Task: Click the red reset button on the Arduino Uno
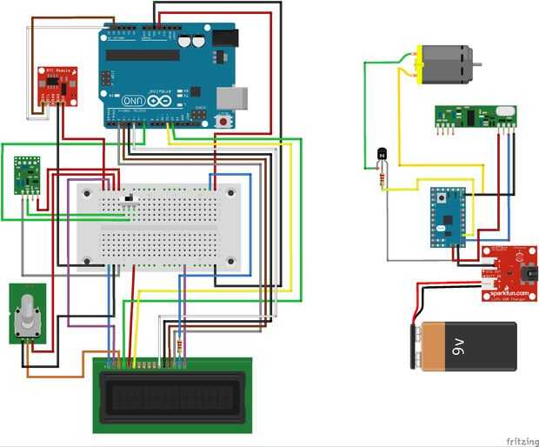pyautogui.click(x=227, y=121)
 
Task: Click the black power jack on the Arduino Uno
pyautogui.click(x=224, y=38)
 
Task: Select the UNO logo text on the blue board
pyautogui.click(x=134, y=100)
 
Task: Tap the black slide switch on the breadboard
pyautogui.click(x=130, y=200)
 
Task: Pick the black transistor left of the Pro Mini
pyautogui.click(x=380, y=157)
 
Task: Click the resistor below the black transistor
pyautogui.click(x=383, y=178)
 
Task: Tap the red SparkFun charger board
pyautogui.click(x=509, y=272)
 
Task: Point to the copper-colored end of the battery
pyautogui.click(x=420, y=346)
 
